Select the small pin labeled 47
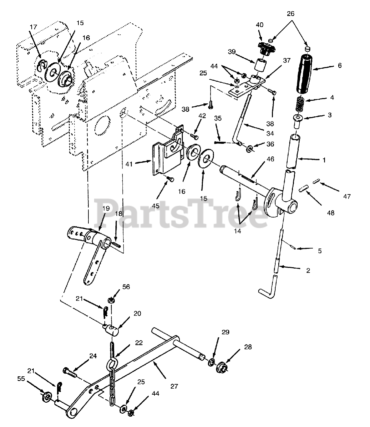coord(317,181)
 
